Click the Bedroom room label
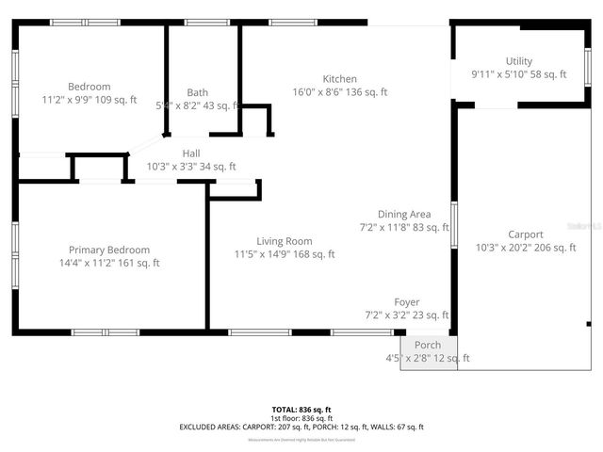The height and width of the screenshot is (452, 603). pos(90,87)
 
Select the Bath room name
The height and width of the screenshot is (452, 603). pos(198,92)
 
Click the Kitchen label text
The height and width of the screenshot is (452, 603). pos(340,79)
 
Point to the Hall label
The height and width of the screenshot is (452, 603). pos(191,153)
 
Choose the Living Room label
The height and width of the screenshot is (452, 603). pos(285,241)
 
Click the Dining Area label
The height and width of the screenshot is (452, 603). pos(404,215)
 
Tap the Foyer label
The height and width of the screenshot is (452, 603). pos(407,302)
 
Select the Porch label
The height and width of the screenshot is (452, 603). pos(428,346)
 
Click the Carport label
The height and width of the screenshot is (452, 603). pos(526,234)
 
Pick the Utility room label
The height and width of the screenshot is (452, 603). pos(518,61)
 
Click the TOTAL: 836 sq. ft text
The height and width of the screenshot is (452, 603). pos(301,410)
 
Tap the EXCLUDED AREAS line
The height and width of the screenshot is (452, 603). pos(301,427)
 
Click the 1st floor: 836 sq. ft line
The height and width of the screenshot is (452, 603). pos(301,418)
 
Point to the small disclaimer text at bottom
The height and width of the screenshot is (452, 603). pos(301,440)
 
